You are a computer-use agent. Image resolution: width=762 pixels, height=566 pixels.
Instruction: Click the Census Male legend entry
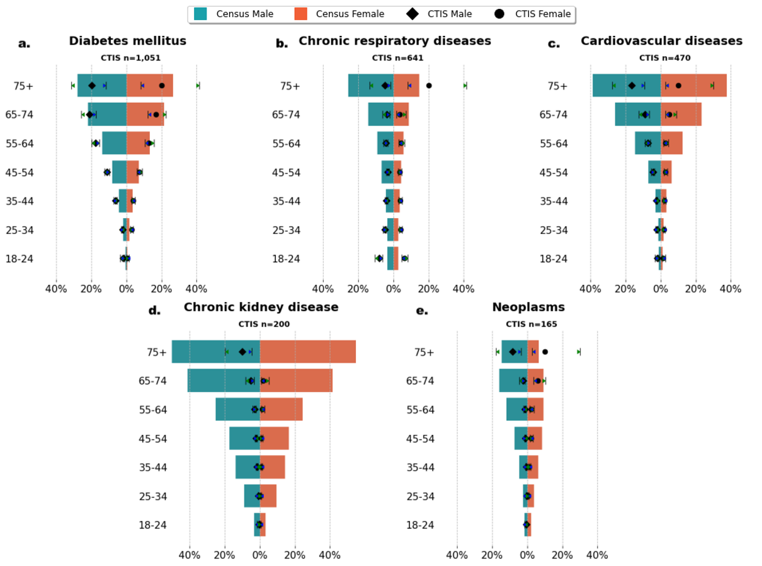pyautogui.click(x=233, y=14)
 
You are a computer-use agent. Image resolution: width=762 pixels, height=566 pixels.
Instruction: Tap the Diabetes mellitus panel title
pyautogui.click(x=128, y=41)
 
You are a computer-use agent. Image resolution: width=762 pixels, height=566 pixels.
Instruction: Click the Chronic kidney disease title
pyautogui.click(x=261, y=308)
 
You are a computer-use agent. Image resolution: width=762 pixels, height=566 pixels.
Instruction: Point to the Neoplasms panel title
pyautogui.click(x=528, y=308)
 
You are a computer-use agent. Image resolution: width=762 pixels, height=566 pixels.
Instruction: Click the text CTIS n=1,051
pyautogui.click(x=131, y=57)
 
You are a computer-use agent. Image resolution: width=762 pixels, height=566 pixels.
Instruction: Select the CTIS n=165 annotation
pyautogui.click(x=532, y=324)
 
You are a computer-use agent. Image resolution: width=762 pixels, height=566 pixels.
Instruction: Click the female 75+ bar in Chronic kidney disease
pyautogui.click(x=308, y=352)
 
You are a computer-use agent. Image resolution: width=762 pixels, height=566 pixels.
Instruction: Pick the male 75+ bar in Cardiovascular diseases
pyautogui.click(x=626, y=85)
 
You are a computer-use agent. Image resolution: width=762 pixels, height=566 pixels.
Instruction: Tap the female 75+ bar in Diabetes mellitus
pyautogui.click(x=150, y=85)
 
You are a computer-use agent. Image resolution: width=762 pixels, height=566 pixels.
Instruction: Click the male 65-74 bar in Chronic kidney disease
pyautogui.click(x=224, y=381)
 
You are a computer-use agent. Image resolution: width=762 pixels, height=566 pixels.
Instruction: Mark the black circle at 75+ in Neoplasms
pyautogui.click(x=545, y=352)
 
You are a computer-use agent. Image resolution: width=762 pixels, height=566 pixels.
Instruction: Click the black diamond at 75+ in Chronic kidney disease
pyautogui.click(x=242, y=352)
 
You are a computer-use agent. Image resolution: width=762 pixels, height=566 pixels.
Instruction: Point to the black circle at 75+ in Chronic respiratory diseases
pyautogui.click(x=429, y=85)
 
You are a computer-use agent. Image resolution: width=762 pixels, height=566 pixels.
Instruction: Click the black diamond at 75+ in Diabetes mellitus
pyautogui.click(x=92, y=85)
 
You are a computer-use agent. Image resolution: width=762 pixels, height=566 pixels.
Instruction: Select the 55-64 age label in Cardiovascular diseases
pyautogui.click(x=554, y=144)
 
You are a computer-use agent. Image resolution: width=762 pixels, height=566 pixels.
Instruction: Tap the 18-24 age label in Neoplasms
pyautogui.click(x=420, y=525)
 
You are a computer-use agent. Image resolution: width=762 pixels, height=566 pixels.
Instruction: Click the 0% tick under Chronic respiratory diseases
pyautogui.click(x=393, y=289)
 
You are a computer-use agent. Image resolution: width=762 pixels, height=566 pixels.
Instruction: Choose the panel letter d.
pyautogui.click(x=154, y=310)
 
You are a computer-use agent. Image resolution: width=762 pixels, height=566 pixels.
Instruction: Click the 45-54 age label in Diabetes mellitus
pyautogui.click(x=20, y=173)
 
